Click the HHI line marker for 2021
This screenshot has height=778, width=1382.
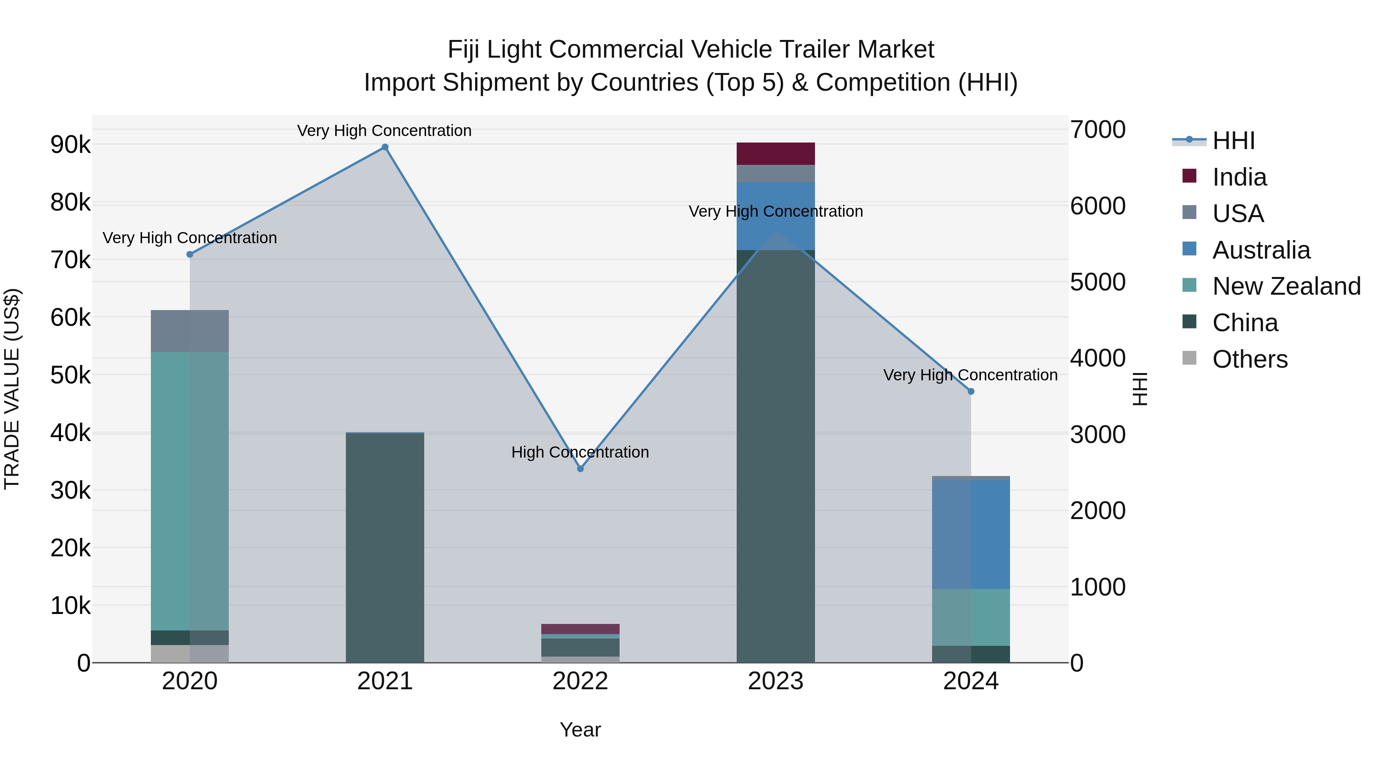click(x=385, y=147)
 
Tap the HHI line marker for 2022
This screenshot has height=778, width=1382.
click(x=580, y=469)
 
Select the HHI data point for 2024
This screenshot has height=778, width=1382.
click(x=970, y=391)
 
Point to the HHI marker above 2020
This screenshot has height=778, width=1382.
click(x=189, y=254)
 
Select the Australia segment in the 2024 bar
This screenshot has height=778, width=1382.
click(x=970, y=534)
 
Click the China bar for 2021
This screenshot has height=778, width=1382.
click(x=385, y=547)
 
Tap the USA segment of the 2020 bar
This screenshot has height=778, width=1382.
click(x=189, y=331)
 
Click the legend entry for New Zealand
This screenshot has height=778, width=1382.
click(x=1286, y=286)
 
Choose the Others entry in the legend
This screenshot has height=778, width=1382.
click(x=1250, y=359)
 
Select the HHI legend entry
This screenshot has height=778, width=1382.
click(x=1233, y=141)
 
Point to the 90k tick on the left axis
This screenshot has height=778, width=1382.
click(x=70, y=144)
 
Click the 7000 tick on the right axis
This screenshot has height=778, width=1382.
click(x=1098, y=130)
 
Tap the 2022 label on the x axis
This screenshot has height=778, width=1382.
click(x=580, y=681)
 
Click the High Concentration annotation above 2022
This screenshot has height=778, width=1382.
click(x=580, y=452)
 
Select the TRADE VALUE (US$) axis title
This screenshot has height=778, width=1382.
click(x=12, y=389)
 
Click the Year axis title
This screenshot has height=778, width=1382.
click(x=580, y=730)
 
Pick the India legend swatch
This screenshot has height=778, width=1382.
click(x=1189, y=176)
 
